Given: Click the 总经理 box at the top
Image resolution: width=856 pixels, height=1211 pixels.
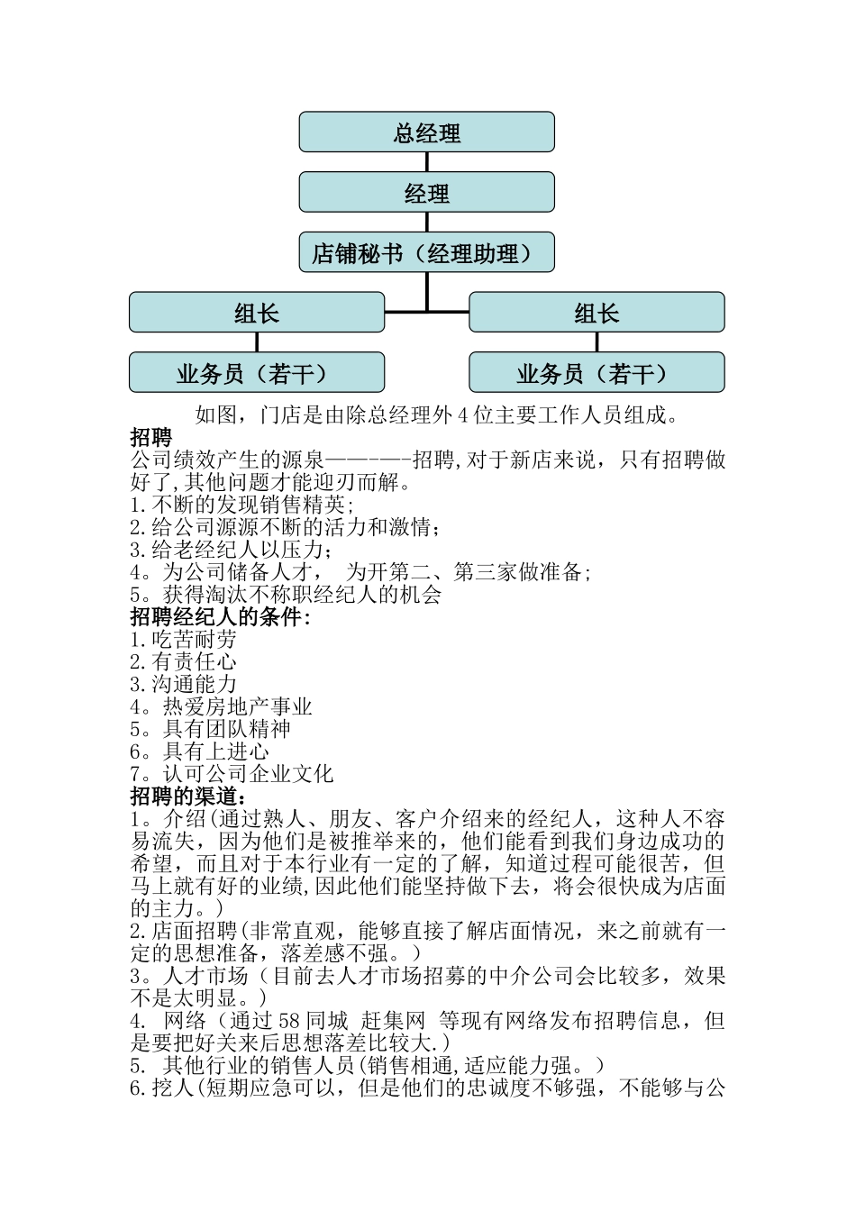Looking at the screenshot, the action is click(426, 132).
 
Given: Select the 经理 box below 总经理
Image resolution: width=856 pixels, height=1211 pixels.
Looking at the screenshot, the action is click(426, 193).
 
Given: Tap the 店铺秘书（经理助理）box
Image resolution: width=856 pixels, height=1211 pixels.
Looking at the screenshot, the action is click(426, 253).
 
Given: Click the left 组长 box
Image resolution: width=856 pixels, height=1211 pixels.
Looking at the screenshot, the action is click(257, 313).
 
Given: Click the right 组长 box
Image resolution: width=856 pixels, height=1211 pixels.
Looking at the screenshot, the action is click(596, 313).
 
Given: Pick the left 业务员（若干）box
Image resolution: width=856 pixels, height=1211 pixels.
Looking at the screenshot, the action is click(257, 373).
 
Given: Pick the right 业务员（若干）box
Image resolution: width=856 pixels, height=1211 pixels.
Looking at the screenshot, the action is click(596, 373).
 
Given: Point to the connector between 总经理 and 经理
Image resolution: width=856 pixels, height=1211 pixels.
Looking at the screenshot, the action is click(427, 162).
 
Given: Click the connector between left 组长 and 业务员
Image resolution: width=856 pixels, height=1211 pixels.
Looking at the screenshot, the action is click(257, 342).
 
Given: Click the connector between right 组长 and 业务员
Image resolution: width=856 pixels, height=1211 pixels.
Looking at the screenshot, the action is click(596, 342).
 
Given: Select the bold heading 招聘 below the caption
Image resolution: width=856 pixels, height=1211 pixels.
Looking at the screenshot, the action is click(150, 438).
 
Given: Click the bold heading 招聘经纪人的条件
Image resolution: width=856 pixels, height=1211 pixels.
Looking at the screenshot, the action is click(220, 617).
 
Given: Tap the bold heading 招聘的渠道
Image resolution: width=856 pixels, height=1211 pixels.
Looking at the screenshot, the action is click(188, 797).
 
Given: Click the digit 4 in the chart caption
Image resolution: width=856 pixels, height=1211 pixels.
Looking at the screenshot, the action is click(463, 415).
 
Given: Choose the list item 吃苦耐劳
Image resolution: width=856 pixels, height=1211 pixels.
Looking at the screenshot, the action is click(194, 640).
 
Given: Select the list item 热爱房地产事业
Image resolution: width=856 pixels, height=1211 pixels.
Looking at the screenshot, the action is click(237, 707).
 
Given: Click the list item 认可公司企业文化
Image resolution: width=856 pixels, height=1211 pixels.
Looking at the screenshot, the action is click(248, 774).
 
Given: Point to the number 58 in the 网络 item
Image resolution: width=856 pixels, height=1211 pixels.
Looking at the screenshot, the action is click(289, 1021).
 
